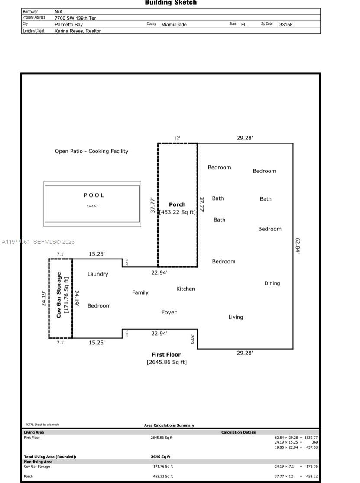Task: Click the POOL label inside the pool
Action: point(94,195)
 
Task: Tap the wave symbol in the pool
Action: point(92,206)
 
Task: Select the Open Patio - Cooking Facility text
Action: point(91,151)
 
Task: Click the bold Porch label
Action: point(177,204)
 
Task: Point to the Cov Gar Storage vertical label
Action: point(59,295)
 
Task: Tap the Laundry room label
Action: point(98,274)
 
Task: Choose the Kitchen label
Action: point(185,289)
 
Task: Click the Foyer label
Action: point(169,312)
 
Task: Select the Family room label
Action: point(140,292)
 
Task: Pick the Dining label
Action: point(272,283)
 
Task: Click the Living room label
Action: point(236,317)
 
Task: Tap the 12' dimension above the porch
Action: point(177,138)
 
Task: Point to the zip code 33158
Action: point(286,25)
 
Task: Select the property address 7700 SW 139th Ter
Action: point(75,18)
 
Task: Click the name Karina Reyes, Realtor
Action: point(78,31)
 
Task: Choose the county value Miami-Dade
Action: point(174,25)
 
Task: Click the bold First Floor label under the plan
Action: point(166,354)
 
